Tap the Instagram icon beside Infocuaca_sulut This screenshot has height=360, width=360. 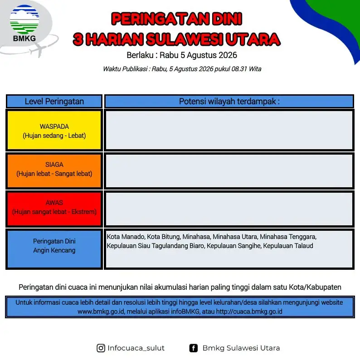(x=101, y=348)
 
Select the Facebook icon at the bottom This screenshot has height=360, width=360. (x=193, y=348)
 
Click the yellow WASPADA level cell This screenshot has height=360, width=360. (x=54, y=130)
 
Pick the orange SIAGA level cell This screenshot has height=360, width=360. (x=54, y=171)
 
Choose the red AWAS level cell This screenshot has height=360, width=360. (x=54, y=209)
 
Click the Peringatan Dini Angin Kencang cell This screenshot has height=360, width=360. (x=54, y=249)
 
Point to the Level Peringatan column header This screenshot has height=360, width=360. (x=54, y=101)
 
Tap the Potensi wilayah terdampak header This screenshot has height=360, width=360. (x=229, y=101)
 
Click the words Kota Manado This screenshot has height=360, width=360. (x=126, y=237)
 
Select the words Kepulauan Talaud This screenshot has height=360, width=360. (x=288, y=246)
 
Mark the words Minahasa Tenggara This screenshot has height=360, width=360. (x=288, y=237)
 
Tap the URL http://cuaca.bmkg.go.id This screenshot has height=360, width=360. (x=249, y=311)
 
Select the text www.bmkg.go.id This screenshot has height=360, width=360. (x=101, y=311)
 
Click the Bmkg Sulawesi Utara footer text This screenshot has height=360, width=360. (x=241, y=348)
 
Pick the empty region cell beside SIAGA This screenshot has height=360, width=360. (x=229, y=171)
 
